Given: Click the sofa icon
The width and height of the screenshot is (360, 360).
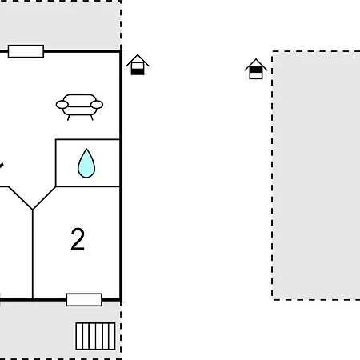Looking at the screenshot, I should [78, 105].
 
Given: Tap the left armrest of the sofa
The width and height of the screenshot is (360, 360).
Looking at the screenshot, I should [61, 104].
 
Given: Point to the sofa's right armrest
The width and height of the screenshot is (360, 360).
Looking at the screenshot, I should [97, 104].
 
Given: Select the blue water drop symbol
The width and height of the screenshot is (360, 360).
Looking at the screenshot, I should [86, 164].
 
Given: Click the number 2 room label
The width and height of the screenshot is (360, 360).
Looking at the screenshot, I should [78, 239].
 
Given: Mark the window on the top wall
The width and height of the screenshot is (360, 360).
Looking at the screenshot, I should [26, 52].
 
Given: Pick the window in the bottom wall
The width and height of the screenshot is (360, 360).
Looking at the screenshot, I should [84, 299].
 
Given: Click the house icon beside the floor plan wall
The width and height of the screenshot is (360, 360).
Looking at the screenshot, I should [138, 65].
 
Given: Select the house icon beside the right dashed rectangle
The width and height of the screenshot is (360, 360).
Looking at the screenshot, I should [255, 69].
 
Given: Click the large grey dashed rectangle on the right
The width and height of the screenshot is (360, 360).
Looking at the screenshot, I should [316, 176].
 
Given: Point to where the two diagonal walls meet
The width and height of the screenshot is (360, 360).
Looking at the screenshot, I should [33, 210].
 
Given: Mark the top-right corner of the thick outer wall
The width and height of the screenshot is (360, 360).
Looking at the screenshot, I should [120, 51].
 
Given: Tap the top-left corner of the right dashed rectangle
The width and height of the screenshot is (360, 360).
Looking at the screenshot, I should [273, 52].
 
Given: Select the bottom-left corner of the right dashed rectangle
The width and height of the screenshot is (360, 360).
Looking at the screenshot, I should [273, 298].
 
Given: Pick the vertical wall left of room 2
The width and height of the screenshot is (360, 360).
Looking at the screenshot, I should [33, 256].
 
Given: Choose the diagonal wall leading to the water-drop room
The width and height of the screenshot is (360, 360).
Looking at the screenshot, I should [45, 198].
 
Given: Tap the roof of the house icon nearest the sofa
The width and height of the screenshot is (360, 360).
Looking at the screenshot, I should [138, 59].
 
